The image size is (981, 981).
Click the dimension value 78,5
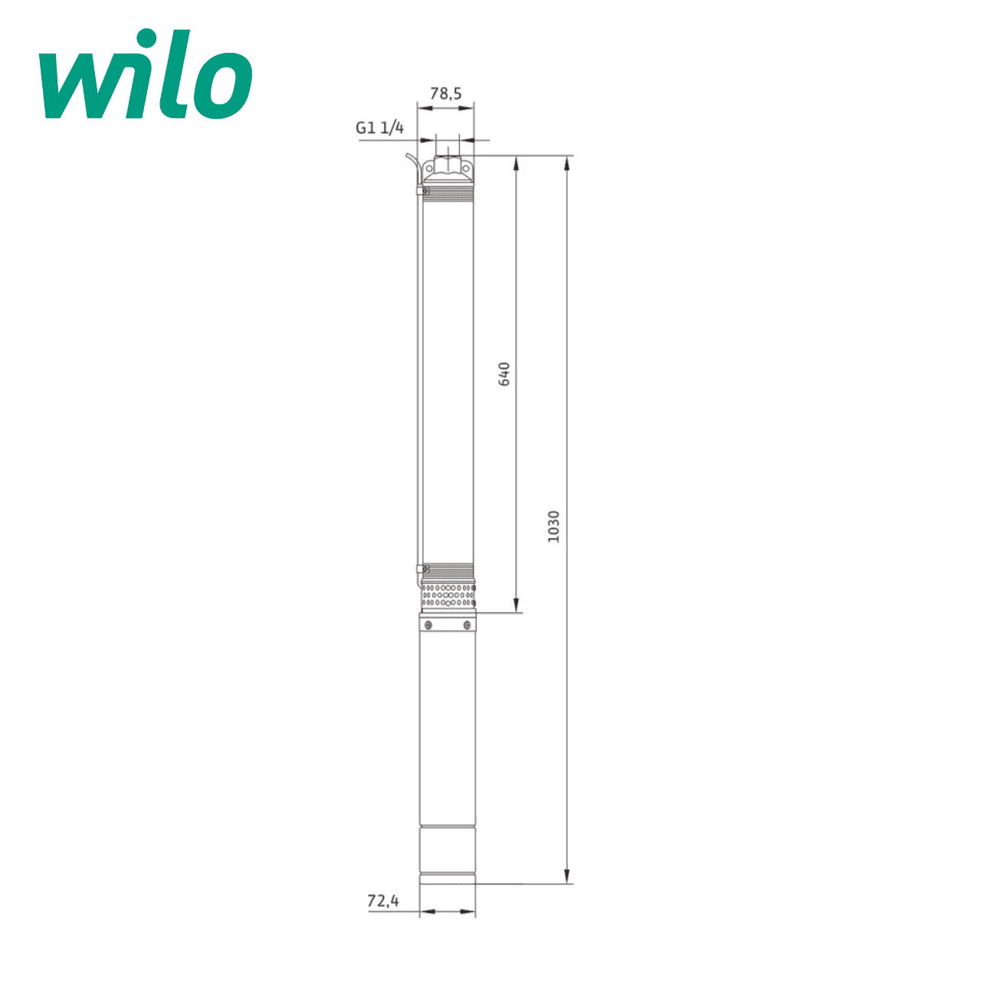coord(445,94)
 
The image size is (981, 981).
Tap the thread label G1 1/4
coord(379,128)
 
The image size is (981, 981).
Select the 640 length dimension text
coord(504,373)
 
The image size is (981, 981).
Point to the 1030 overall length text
coord(553,527)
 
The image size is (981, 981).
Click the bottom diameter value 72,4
coord(383,901)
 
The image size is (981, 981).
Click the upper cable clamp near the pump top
coord(422,190)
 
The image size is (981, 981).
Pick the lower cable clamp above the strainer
coord(421,569)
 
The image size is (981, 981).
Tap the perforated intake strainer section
coord(448,595)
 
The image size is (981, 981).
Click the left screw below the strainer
coord(428,625)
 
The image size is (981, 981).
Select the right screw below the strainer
coord(466,625)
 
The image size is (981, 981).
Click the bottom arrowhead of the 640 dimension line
coord(516,605)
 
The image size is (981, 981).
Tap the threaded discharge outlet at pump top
coord(448,166)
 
